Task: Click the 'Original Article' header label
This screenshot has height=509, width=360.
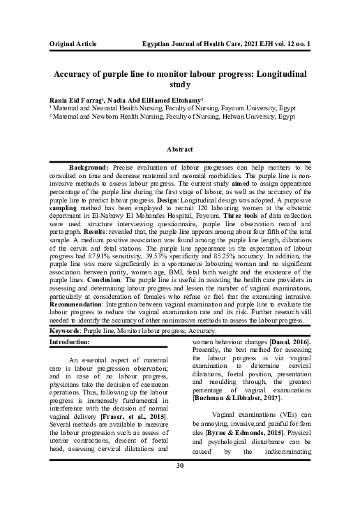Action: (73, 43)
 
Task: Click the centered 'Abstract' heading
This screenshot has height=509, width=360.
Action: (179, 149)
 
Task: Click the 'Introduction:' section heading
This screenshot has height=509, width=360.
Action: (70, 341)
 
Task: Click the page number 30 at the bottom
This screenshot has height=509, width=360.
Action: (179, 485)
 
